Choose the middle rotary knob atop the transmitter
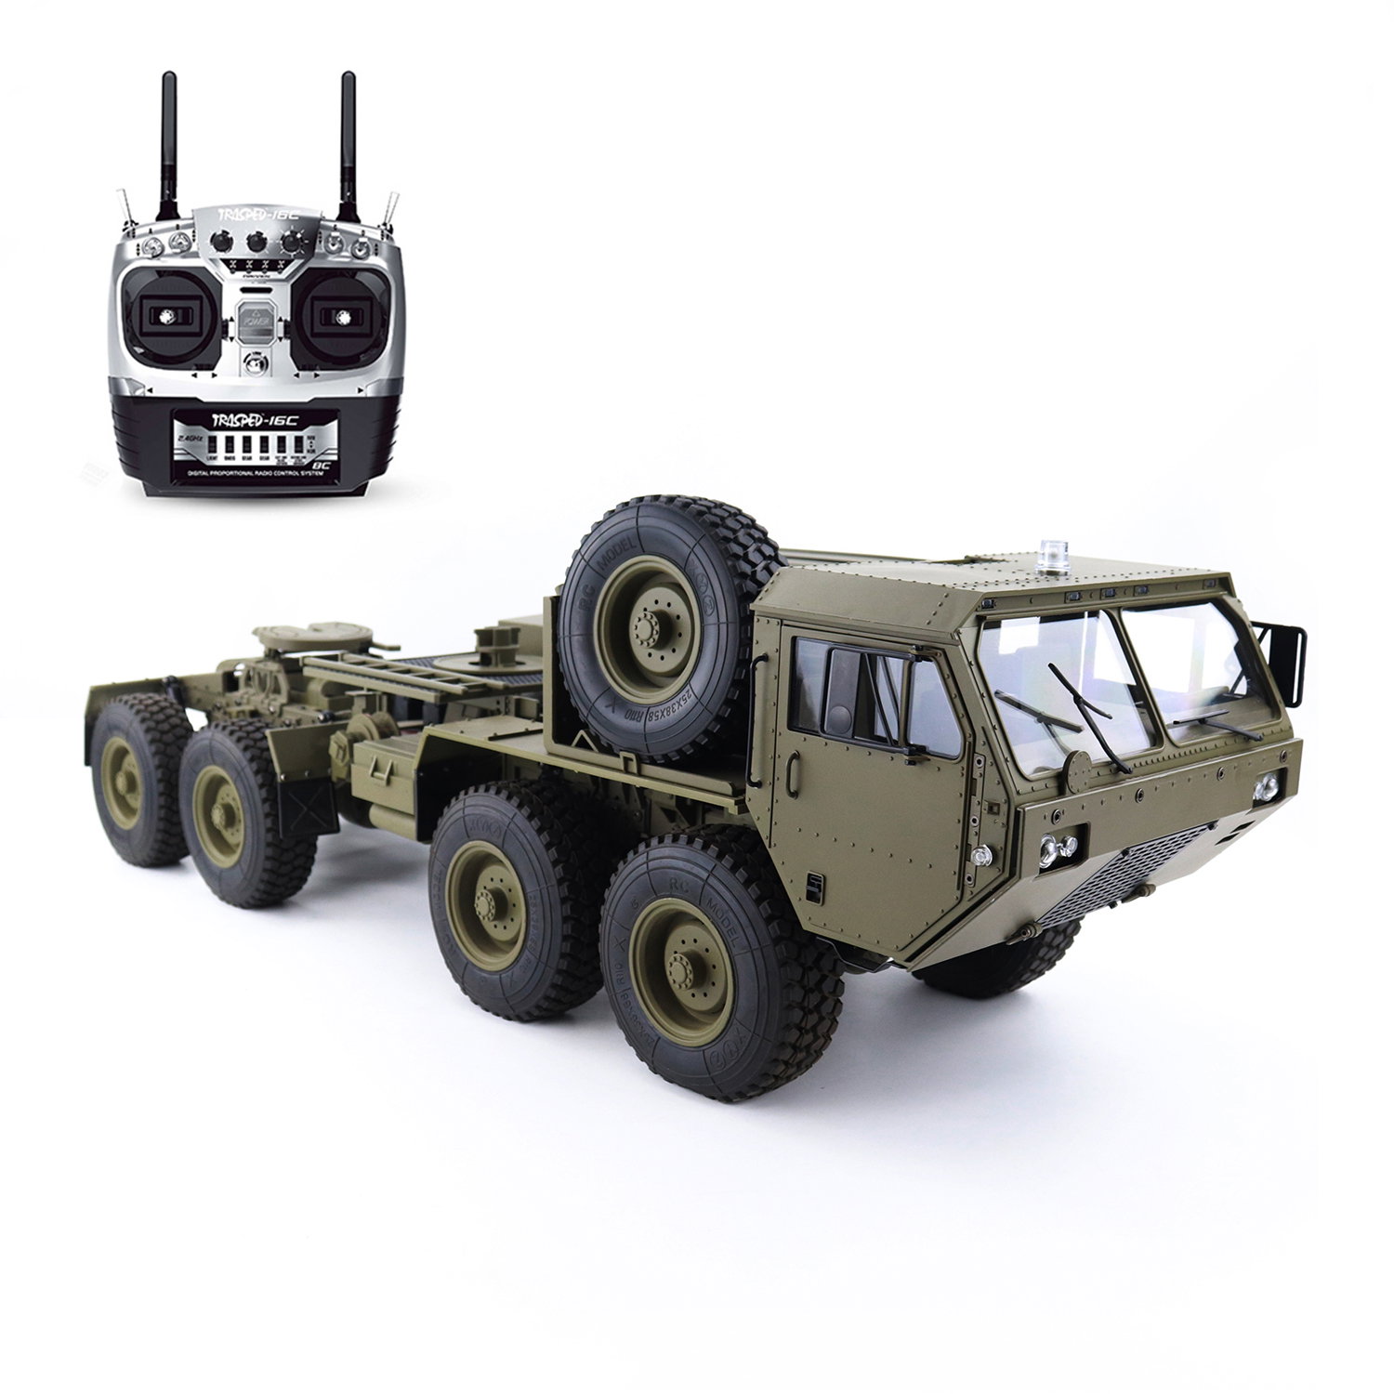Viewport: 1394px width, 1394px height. click(x=256, y=243)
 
